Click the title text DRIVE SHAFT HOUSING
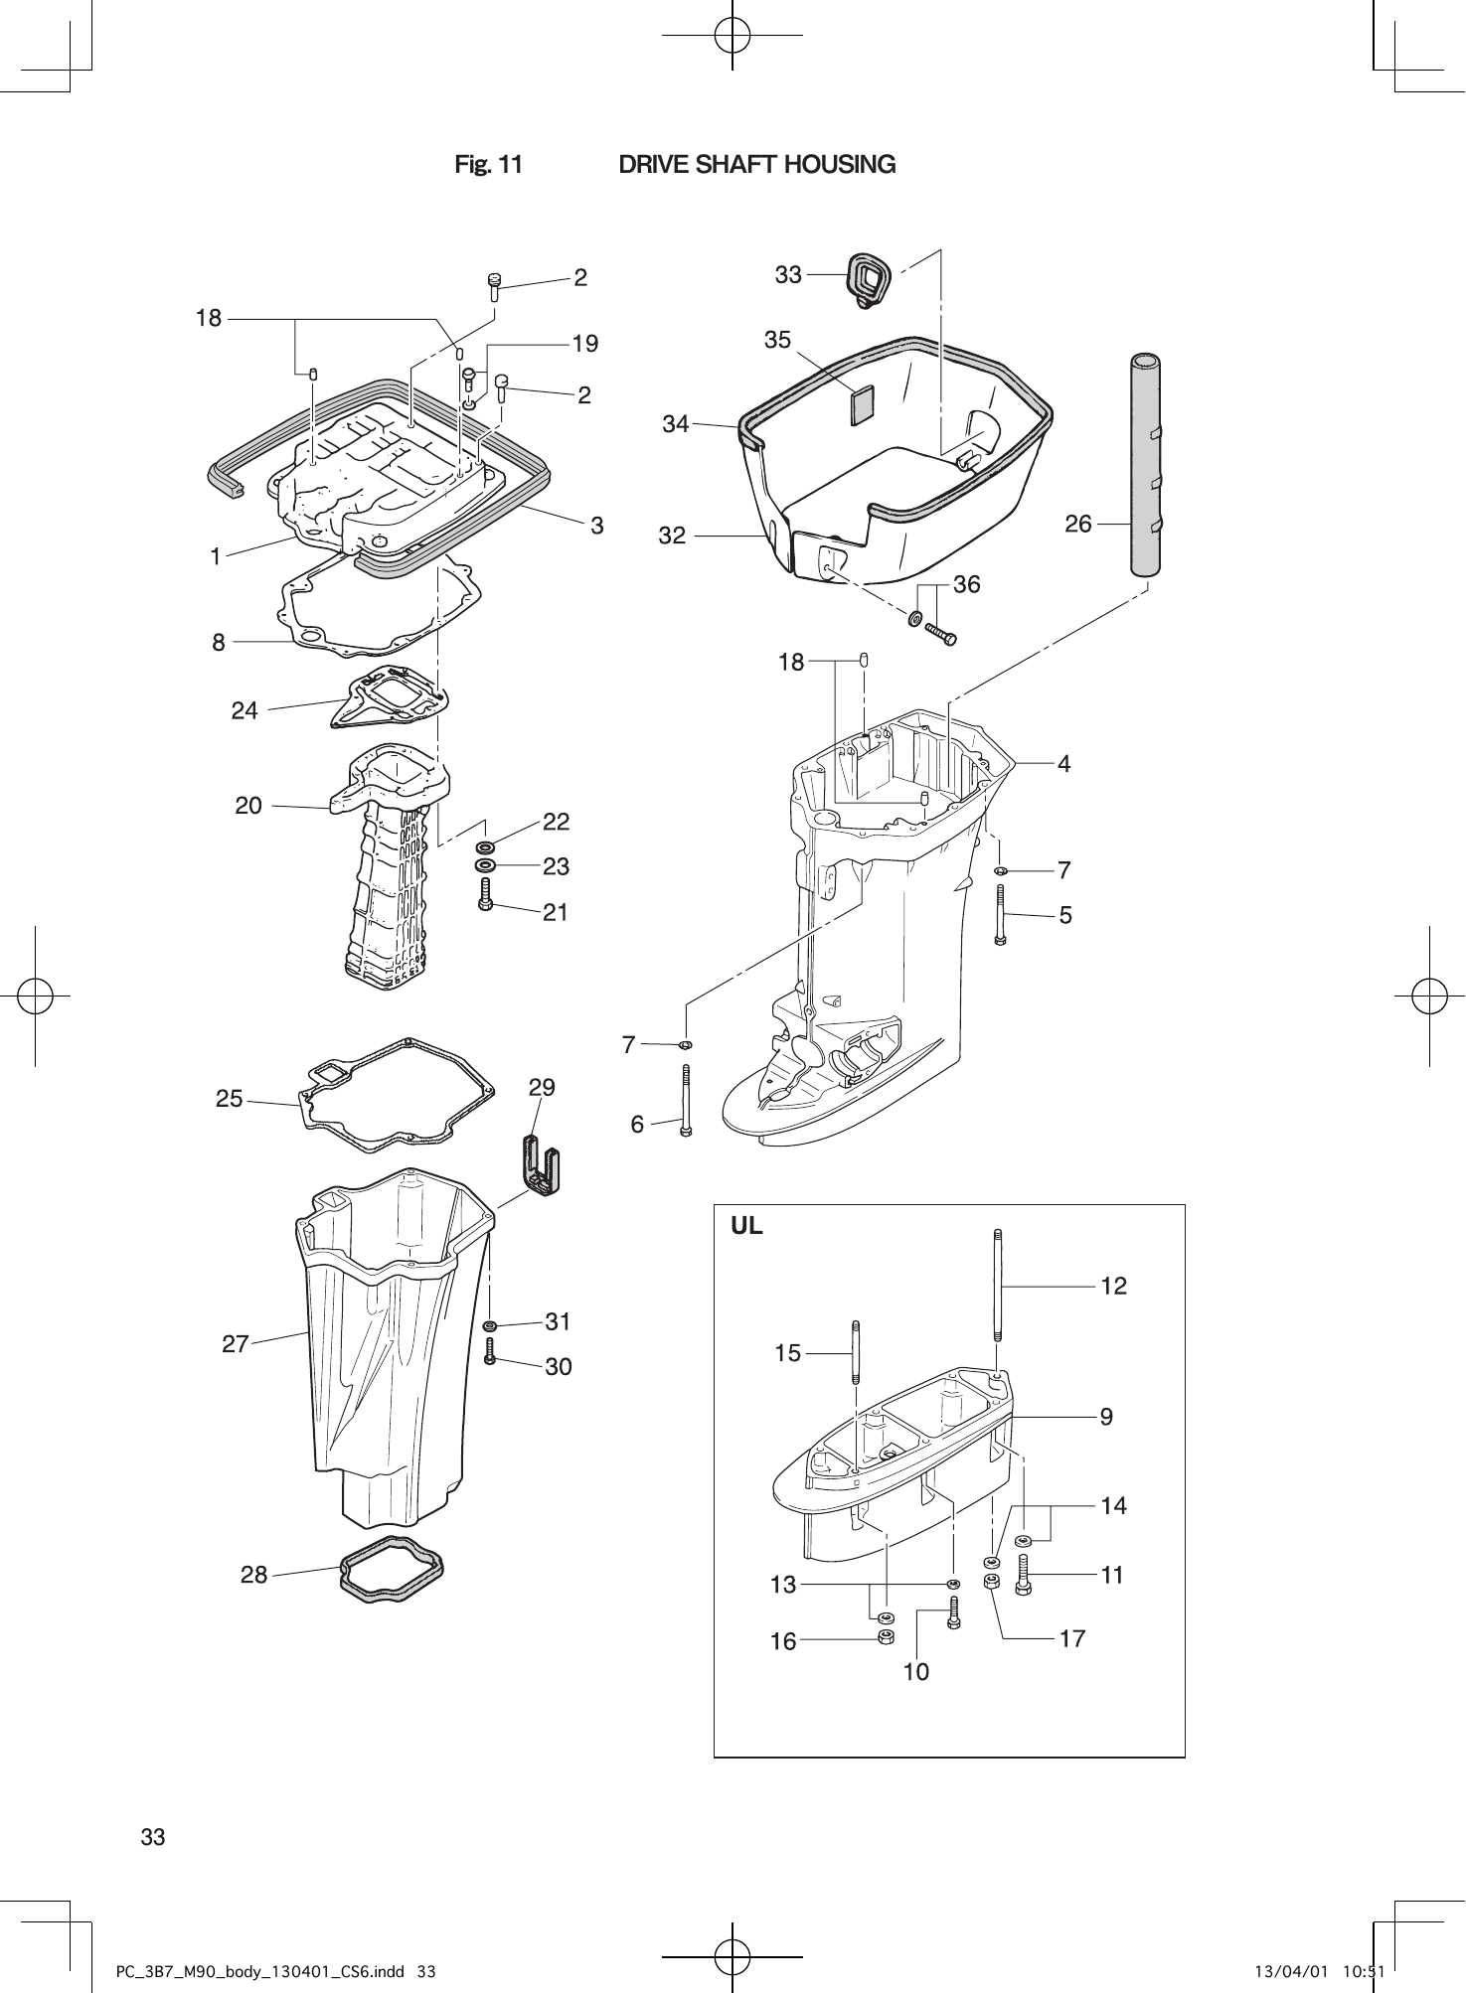click(756, 164)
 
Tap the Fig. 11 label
click(488, 164)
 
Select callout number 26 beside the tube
click(1077, 524)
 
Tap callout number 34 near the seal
click(675, 424)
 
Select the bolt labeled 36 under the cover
click(940, 633)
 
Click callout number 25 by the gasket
click(230, 1099)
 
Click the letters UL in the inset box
click(747, 1226)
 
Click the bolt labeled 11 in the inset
click(1024, 1575)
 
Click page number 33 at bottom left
click(153, 1836)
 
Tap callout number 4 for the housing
click(1064, 763)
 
